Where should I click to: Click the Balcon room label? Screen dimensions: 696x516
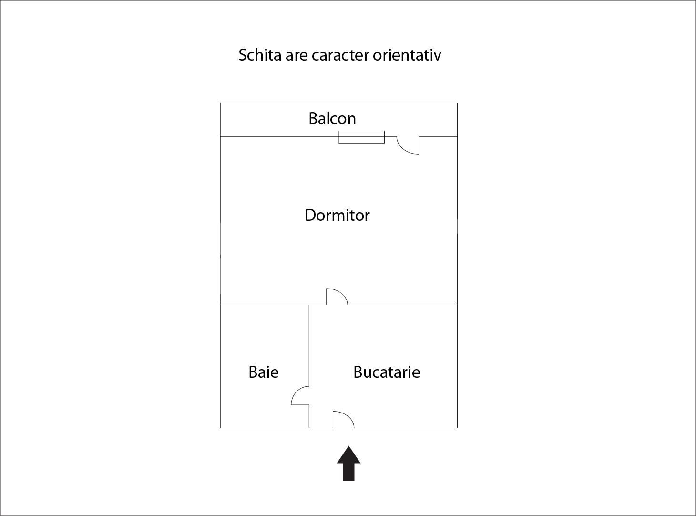point(332,118)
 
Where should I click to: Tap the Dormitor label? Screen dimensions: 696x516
point(337,216)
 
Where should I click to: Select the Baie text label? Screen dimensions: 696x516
point(263,372)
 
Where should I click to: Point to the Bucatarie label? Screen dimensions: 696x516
point(387,372)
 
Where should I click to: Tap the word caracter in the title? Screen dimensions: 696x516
point(340,55)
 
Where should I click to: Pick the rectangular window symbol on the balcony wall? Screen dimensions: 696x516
point(361,137)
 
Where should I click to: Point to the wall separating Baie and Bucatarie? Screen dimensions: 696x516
point(309,343)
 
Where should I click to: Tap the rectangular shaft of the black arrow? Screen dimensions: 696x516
point(349,472)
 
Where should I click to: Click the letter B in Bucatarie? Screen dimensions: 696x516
point(358,372)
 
